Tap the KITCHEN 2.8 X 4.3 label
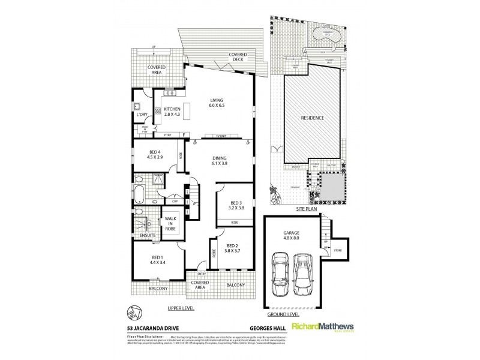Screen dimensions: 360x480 pyautogui.click(x=169, y=112)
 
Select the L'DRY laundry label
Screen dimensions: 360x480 pyautogui.click(x=142, y=114)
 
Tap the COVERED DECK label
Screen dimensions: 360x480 pyautogui.click(x=238, y=57)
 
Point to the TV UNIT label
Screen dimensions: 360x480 pyautogui.click(x=217, y=135)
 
